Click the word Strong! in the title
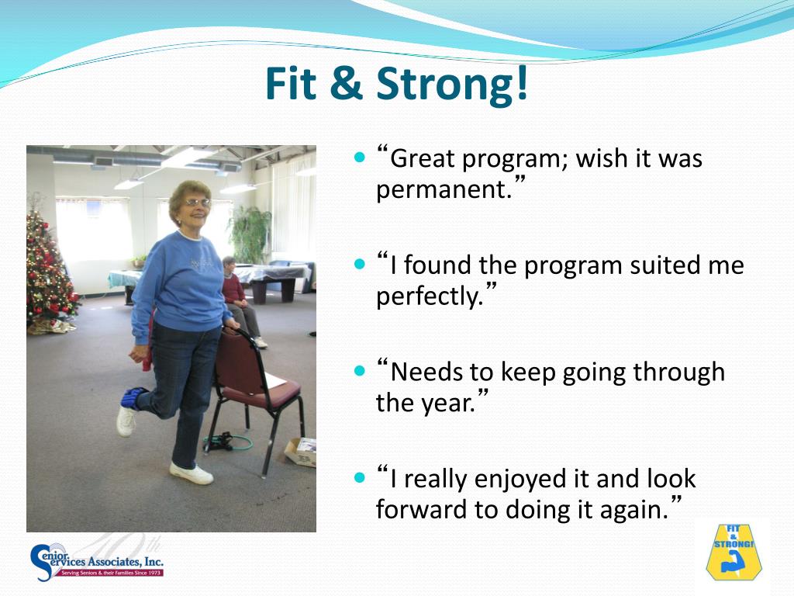point(452,85)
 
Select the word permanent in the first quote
point(440,190)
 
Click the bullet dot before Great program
point(360,158)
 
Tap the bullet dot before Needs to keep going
point(360,371)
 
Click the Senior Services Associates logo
point(97,562)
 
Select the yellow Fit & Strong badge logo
point(734,552)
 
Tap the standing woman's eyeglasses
point(198,203)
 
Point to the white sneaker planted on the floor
point(192,473)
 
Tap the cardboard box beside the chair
point(301,452)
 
